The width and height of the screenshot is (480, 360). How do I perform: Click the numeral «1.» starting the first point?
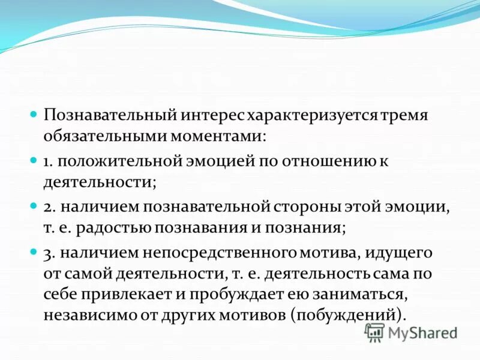coord(49,161)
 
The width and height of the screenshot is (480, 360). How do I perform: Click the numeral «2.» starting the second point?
coord(49,207)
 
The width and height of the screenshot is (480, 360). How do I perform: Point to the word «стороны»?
coord(304,207)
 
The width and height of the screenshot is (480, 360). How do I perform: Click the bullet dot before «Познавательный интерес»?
coord(34,113)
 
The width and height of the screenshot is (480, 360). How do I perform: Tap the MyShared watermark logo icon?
coord(374,332)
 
